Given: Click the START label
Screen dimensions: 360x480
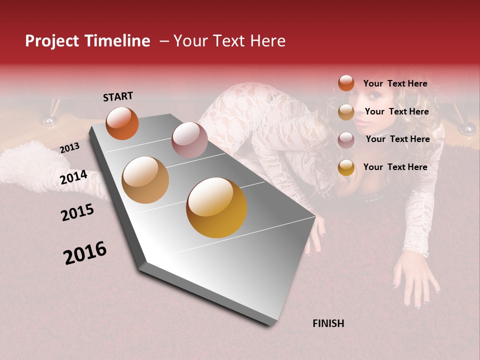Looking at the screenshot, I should point(118,96).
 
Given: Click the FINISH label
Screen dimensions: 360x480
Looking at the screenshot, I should point(328,323).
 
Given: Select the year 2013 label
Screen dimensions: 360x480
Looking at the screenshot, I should point(70,147).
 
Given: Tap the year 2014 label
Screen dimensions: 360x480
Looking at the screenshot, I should point(74,177).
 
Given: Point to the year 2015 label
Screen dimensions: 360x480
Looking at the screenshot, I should point(77,212).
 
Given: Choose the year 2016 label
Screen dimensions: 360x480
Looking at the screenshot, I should point(85,253).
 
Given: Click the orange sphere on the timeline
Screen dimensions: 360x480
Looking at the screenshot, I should point(122,123).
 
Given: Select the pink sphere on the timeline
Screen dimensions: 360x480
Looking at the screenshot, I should point(189,140).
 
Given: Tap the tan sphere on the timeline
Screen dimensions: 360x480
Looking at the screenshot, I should point(145,180).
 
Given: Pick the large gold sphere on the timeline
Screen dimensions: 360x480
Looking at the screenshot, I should point(216,207).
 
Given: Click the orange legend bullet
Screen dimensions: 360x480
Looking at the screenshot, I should point(346,83).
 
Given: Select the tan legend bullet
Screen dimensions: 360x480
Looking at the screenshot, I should point(346,112).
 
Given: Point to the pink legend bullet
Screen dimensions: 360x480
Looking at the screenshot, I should point(346,140).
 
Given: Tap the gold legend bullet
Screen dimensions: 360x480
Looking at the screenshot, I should point(346,167).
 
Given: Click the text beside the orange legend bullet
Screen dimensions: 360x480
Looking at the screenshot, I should point(395,83).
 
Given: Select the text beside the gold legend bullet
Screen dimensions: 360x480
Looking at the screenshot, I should point(395,167).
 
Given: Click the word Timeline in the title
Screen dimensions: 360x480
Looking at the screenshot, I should point(116,41).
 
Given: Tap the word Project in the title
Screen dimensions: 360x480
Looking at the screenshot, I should point(51,41).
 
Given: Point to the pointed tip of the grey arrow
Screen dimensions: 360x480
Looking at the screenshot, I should point(274,324).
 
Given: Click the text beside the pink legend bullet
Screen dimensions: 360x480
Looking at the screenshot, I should point(397,139).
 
